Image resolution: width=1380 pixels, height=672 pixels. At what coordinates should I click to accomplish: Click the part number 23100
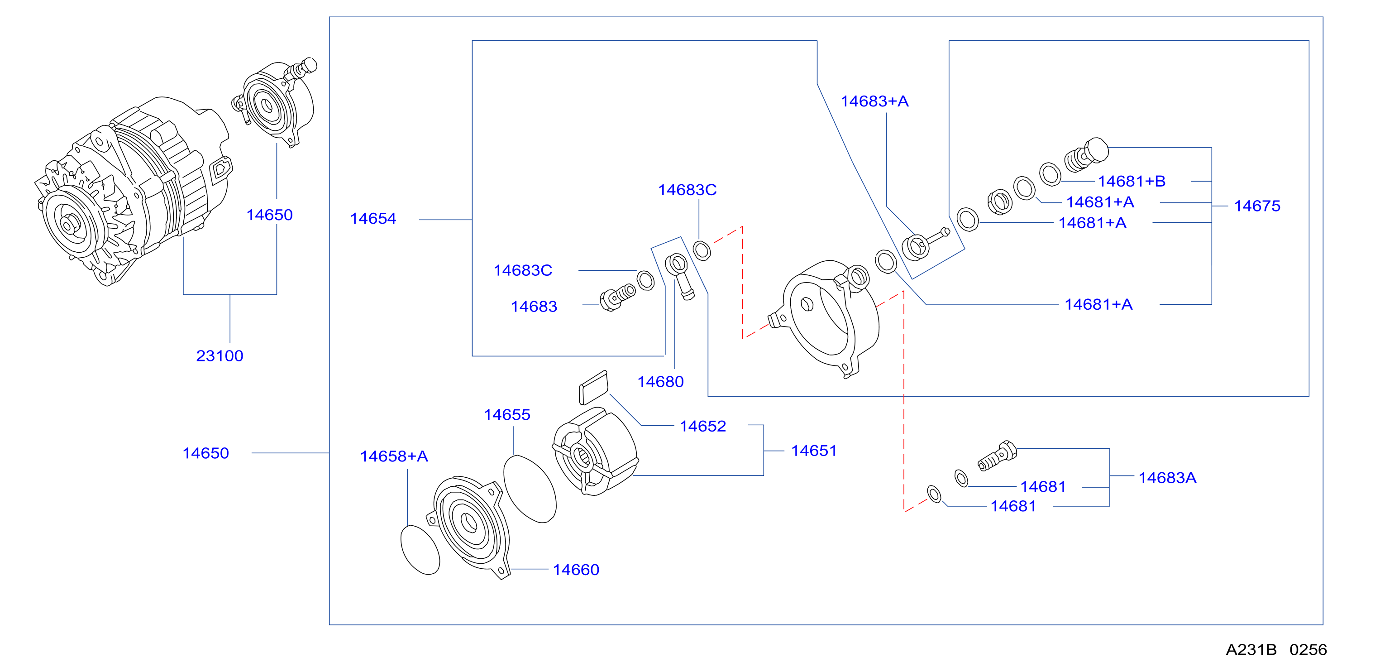point(220,356)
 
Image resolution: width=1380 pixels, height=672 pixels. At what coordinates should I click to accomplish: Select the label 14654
point(373,219)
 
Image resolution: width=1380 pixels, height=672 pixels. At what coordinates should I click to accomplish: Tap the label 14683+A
point(874,101)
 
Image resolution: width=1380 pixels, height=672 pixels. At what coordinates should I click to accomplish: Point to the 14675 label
point(1257,206)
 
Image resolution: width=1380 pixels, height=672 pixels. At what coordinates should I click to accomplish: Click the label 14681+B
point(1132,181)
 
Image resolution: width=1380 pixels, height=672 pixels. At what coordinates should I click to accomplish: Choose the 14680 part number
point(660,382)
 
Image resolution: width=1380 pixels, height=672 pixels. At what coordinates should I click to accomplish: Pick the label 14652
point(703,426)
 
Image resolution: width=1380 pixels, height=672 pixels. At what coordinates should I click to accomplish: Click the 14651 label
point(814,451)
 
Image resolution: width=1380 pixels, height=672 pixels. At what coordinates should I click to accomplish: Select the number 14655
point(507,415)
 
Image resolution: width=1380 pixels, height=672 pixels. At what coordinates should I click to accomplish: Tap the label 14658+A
point(394,456)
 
